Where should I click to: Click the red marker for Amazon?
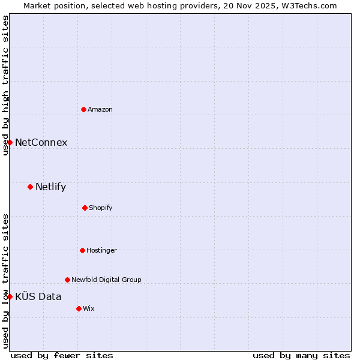pos(83,109)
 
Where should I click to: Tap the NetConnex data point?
pos(10,142)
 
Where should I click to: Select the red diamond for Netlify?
pos(30,187)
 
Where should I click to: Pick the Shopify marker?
pos(85,208)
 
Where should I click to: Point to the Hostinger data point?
pos(82,250)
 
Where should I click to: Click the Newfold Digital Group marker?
pos(67,280)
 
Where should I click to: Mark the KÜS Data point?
pos(10,296)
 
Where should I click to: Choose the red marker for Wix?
pos(79,308)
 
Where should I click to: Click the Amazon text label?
pos(100,109)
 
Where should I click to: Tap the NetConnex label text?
pos(41,143)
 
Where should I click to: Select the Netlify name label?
pos(50,187)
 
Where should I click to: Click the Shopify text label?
pos(101,208)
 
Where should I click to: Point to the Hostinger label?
pos(101,250)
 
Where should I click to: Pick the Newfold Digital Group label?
pos(106,280)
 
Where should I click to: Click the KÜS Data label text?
pos(38,296)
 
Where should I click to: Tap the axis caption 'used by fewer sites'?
pos(62,355)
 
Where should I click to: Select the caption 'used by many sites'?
pos(301,355)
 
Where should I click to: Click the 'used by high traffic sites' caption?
pos(5,85)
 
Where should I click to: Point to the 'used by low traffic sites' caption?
pos(5,281)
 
